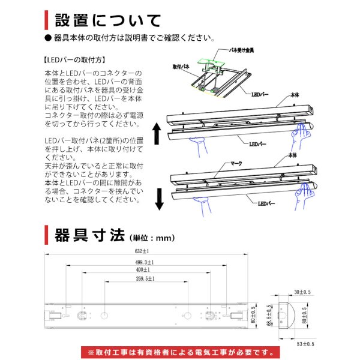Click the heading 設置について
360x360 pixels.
click(108, 20)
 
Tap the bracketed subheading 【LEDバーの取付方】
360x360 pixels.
click(75, 60)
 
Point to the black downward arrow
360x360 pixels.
click(159, 199)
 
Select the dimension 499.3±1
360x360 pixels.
click(145, 262)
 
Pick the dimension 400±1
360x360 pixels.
click(145, 269)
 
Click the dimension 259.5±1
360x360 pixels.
click(145, 279)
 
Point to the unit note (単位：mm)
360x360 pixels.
click(144, 235)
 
